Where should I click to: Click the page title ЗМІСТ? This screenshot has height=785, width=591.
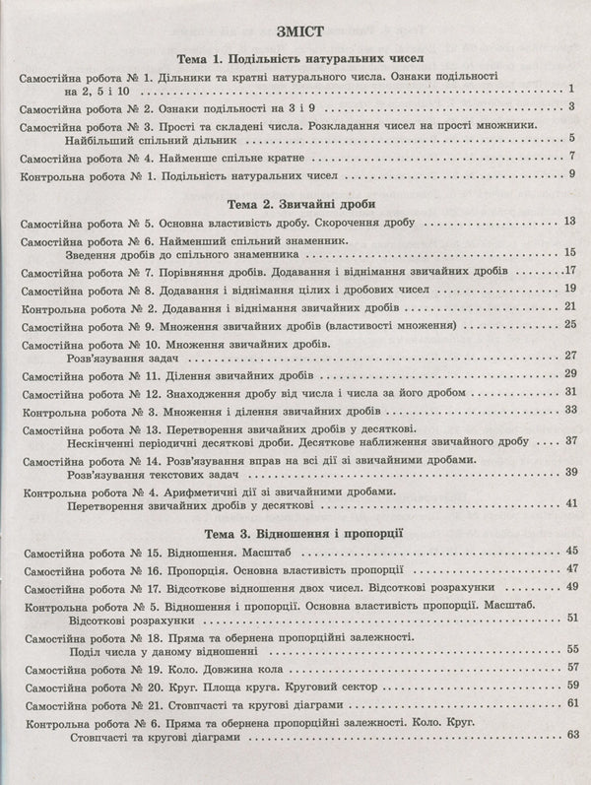tap(295, 29)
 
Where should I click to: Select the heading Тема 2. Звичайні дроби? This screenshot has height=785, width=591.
tap(295, 204)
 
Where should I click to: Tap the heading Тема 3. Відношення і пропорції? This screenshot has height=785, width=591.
tap(295, 535)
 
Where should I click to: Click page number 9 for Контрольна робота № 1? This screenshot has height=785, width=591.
tap(571, 175)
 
